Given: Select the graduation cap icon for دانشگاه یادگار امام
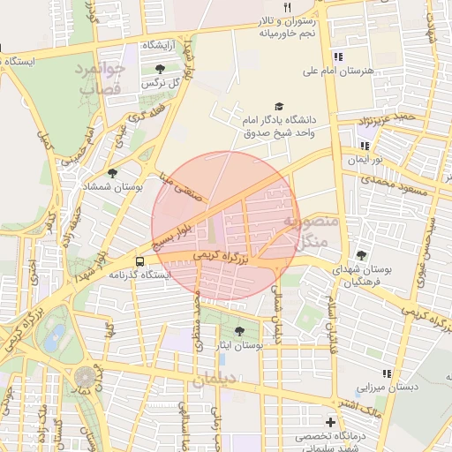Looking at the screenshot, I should [280, 105].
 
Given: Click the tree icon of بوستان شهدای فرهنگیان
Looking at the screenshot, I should [360, 254].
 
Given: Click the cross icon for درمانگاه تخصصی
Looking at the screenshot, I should [330, 423].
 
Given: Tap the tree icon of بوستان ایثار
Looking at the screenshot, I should [239, 331].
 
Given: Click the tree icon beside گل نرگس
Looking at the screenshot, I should [159, 69].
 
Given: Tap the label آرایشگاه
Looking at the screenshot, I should [159, 43].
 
